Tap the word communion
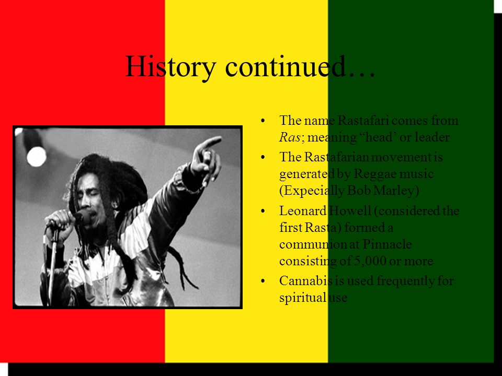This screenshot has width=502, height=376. click(x=308, y=244)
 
